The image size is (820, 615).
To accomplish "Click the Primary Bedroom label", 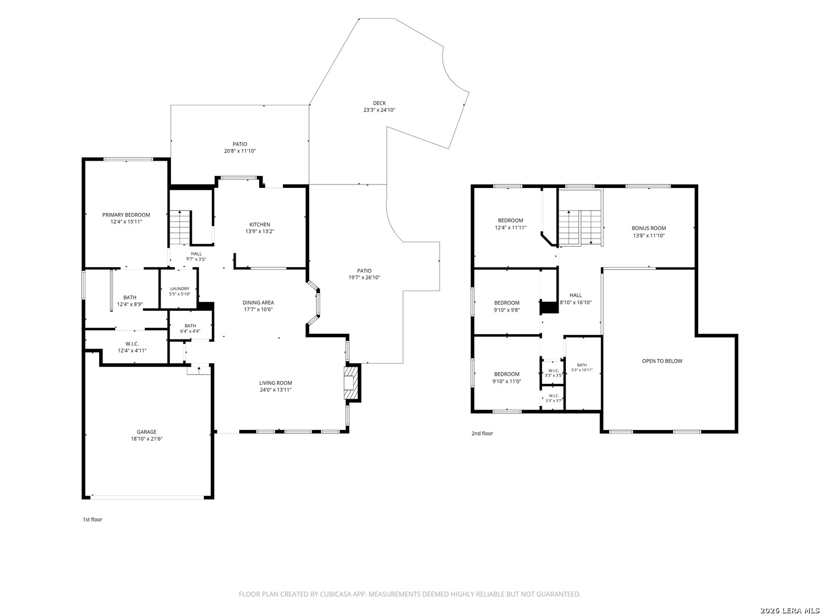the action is pyautogui.click(x=126, y=215).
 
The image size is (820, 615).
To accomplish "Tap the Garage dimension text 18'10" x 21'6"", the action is pyautogui.click(x=146, y=438).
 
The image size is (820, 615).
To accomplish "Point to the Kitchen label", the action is pyautogui.click(x=260, y=224).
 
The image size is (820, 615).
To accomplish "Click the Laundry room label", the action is pyautogui.click(x=180, y=289).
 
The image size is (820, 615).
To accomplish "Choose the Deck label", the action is pyautogui.click(x=379, y=103).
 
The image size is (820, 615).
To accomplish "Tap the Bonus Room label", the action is pyautogui.click(x=649, y=228).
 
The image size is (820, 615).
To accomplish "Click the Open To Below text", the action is pyautogui.click(x=662, y=361).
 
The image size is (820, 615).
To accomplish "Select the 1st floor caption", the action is pyautogui.click(x=92, y=519).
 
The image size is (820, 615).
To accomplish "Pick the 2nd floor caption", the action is pyautogui.click(x=482, y=433).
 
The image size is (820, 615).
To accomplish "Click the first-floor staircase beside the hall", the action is pyautogui.click(x=180, y=227).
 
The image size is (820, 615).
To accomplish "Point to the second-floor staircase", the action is pyautogui.click(x=580, y=227).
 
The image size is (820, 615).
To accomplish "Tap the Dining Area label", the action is pyautogui.click(x=258, y=302).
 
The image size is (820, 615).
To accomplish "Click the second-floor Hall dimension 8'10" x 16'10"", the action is pyautogui.click(x=576, y=302).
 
